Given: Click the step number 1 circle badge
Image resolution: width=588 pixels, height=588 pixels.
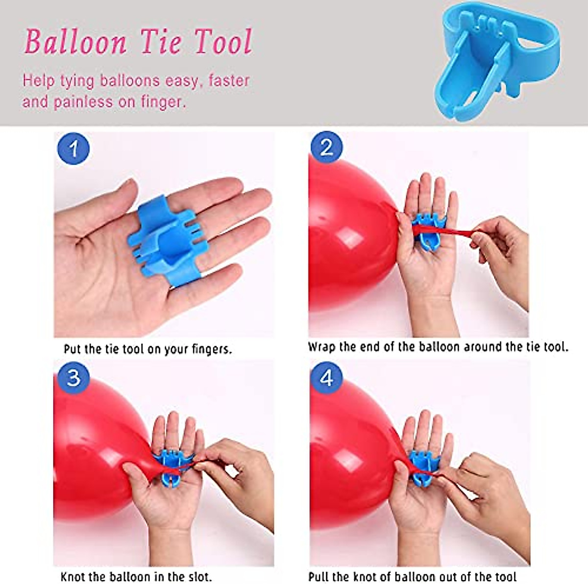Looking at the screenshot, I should [x=73, y=148].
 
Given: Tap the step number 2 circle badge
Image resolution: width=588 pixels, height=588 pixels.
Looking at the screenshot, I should [x=327, y=147].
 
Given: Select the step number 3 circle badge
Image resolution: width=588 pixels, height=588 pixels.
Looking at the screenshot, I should [x=73, y=378].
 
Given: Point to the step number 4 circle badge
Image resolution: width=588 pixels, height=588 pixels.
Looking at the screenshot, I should [x=327, y=378].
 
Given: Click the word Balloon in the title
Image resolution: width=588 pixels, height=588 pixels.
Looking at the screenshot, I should [x=75, y=42].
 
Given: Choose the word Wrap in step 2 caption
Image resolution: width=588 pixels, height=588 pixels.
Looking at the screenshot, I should [x=321, y=347].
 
